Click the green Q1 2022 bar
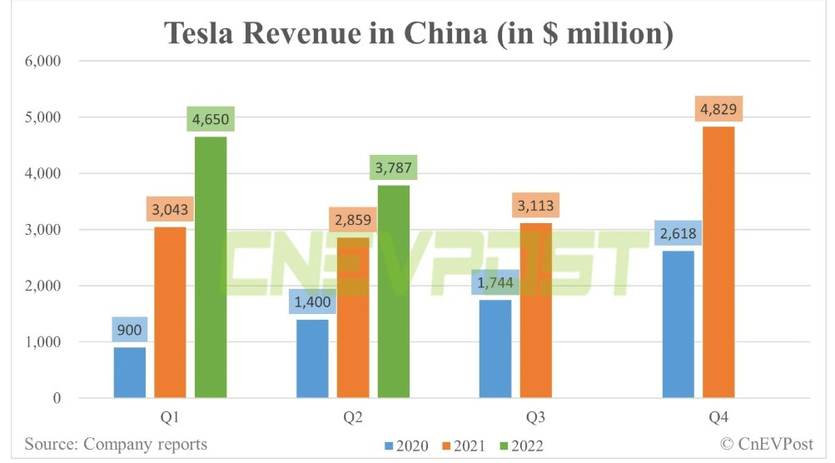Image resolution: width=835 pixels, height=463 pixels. [211, 266]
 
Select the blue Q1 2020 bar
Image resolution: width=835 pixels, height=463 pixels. [130, 372]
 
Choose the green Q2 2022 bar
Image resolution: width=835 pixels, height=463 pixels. [394, 291]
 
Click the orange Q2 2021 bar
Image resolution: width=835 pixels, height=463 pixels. [353, 317]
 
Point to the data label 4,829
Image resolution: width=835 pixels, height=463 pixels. [718, 110]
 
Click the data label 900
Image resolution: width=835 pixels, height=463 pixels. [130, 331]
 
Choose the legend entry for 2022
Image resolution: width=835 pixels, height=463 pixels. [518, 446]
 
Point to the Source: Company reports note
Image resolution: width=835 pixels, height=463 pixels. [116, 443]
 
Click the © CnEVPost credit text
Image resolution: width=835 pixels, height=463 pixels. [767, 443]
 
